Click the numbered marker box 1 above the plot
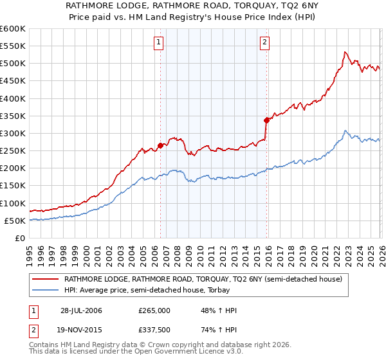pyautogui.click(x=159, y=43)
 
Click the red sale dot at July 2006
pyautogui.click(x=160, y=145)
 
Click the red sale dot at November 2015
pyautogui.click(x=266, y=120)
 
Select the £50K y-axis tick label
pyautogui.click(x=15, y=221)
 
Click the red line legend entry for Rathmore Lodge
pyautogui.click(x=207, y=279)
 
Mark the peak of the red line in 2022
pyautogui.click(x=345, y=52)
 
